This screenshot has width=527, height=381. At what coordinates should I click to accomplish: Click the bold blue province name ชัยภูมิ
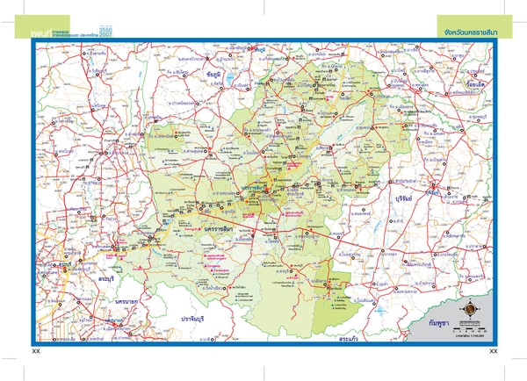(x=214, y=75)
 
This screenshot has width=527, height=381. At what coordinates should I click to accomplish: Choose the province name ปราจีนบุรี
(x=197, y=317)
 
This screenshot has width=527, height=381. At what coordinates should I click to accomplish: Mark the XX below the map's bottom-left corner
(x=36, y=351)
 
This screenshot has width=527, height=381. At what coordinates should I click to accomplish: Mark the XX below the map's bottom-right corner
(x=493, y=351)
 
